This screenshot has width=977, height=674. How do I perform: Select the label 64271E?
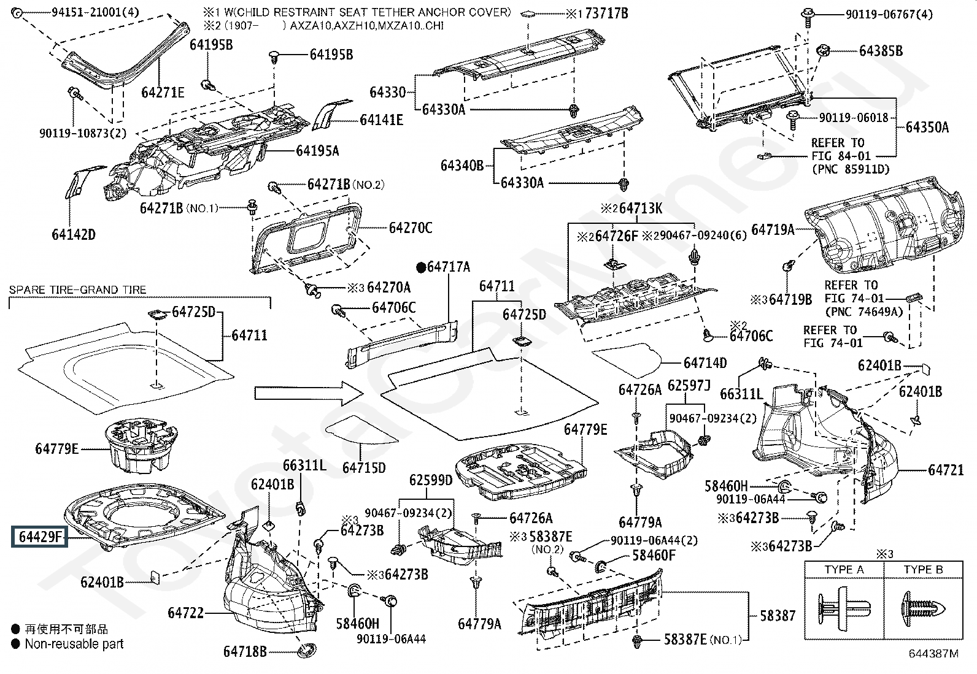tap(163, 93)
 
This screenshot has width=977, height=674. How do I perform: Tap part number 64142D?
tap(73, 234)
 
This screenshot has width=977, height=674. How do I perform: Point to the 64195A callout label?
tap(317, 150)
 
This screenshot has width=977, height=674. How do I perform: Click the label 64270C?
tap(410, 228)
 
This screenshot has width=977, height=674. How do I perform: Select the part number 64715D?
tap(364, 467)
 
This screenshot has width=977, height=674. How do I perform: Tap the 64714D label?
tap(705, 362)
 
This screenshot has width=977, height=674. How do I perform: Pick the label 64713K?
tap(640, 209)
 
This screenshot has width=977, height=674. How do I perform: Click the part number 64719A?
tap(773, 229)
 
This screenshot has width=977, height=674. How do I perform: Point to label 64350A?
tap(927, 127)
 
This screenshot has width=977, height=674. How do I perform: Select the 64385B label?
tap(881, 51)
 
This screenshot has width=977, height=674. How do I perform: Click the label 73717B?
tap(606, 13)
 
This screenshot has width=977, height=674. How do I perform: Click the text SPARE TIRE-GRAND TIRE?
tap(78, 289)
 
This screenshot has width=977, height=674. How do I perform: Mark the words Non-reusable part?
tap(74, 644)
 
